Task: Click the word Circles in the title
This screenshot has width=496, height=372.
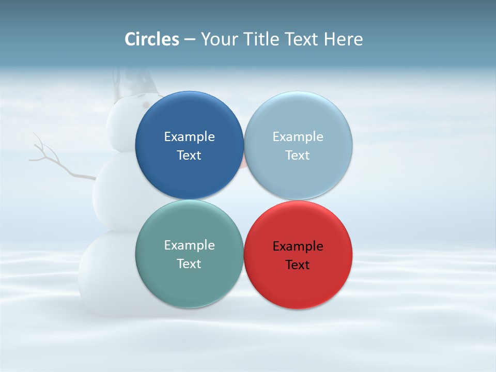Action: (x=152, y=39)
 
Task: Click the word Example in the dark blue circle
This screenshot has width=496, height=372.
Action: (x=189, y=137)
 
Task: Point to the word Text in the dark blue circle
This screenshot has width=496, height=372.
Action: (x=189, y=156)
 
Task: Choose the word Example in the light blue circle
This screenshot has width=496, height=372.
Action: (x=298, y=137)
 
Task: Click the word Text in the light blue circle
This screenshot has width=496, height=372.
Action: (x=298, y=156)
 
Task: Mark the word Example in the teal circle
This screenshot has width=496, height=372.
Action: (x=189, y=245)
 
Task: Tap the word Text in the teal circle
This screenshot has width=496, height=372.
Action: (x=189, y=264)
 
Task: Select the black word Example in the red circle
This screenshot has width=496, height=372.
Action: (x=298, y=246)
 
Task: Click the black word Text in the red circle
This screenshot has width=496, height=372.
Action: (x=298, y=265)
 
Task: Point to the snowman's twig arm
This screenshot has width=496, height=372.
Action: (x=57, y=163)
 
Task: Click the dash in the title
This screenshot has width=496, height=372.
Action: (x=190, y=40)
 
